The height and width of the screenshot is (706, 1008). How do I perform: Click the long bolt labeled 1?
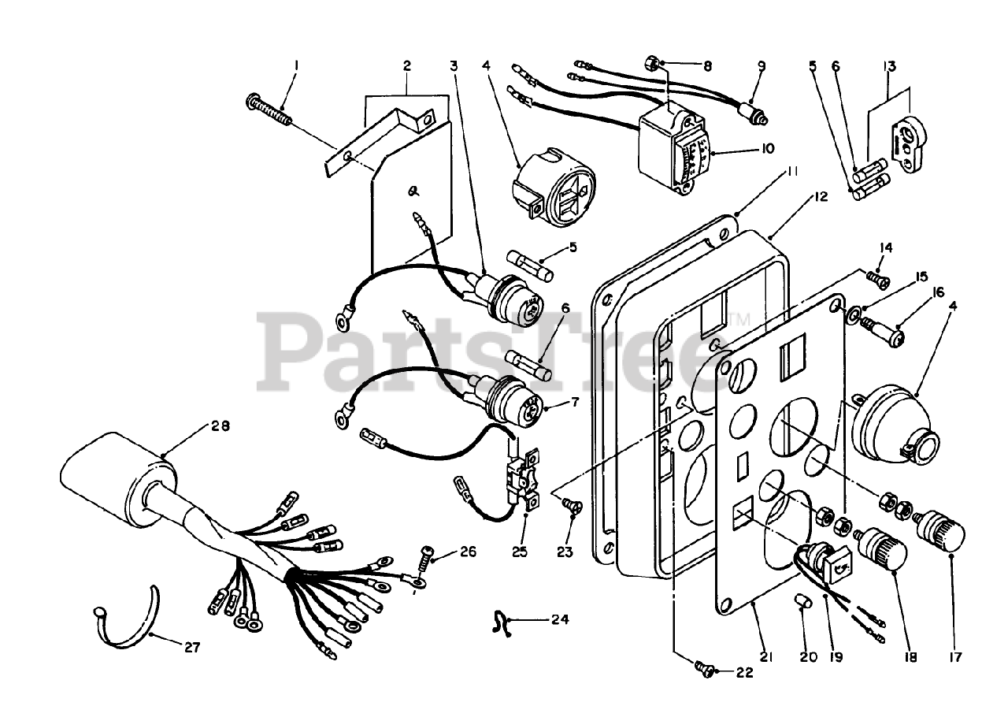click(269, 110)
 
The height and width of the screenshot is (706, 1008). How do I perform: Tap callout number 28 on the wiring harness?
click(220, 427)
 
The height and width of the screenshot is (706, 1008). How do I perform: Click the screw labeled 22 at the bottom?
click(706, 669)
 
